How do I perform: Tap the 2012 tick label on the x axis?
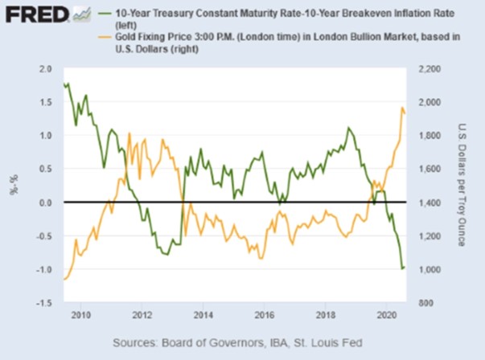point(142,314)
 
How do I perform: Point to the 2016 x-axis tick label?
point(265,314)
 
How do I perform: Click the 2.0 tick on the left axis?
point(45,70)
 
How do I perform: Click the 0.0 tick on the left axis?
point(45,202)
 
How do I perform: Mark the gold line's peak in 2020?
point(402,108)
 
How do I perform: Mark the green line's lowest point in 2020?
point(402,268)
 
